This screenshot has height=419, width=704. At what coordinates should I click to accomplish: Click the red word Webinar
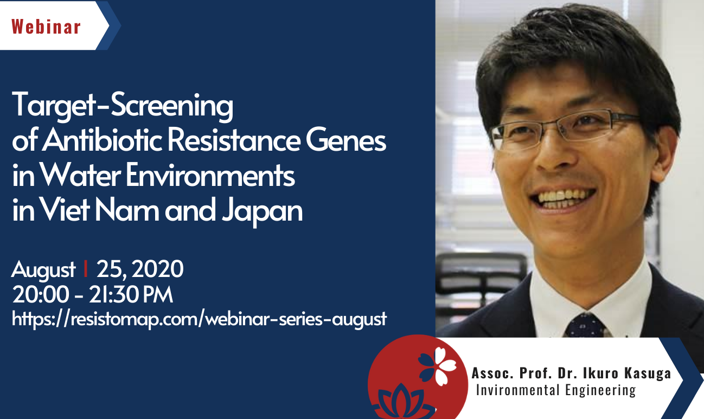(x=46, y=27)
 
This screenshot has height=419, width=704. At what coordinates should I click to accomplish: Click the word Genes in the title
(x=345, y=141)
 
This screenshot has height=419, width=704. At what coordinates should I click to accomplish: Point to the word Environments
(x=210, y=175)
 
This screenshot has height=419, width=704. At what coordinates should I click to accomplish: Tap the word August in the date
(x=43, y=270)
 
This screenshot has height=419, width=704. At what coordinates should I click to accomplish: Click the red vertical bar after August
(x=86, y=268)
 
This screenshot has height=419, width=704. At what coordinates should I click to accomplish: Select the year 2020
(x=157, y=269)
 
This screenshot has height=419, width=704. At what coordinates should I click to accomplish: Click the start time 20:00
(x=41, y=295)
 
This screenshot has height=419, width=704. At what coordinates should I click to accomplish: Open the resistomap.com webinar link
(x=199, y=319)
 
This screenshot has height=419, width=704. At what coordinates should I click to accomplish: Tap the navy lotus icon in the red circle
(x=401, y=401)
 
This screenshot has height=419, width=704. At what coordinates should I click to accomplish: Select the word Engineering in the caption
(x=600, y=390)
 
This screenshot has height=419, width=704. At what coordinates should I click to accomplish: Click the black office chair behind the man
(x=481, y=280)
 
